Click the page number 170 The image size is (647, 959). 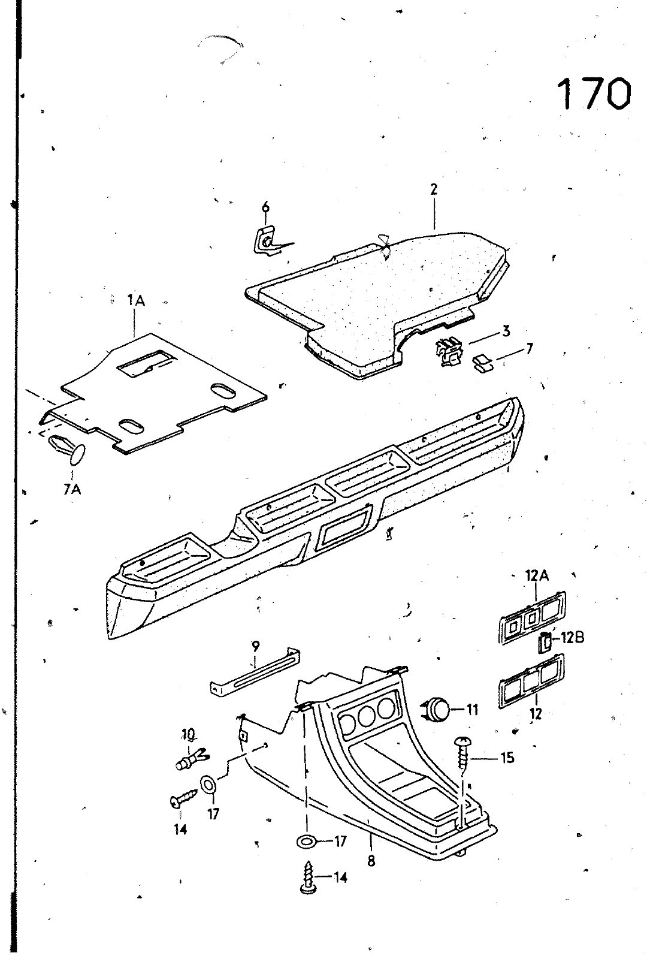593,94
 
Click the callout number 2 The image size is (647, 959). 434,189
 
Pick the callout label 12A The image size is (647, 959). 537,576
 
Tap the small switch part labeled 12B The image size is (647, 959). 545,643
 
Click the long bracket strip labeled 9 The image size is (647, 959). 255,672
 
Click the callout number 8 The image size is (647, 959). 371,861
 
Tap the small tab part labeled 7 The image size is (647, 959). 482,363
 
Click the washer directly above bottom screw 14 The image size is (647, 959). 307,842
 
